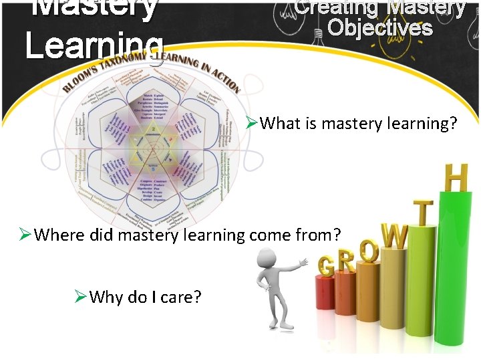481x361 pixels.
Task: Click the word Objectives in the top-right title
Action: pyautogui.click(x=380, y=29)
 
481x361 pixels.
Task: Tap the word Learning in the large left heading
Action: pyautogui.click(x=94, y=45)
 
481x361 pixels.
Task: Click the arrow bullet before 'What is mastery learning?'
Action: pyautogui.click(x=251, y=123)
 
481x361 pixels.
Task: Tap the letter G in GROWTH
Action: pyautogui.click(x=327, y=267)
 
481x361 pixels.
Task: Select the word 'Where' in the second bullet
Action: pyautogui.click(x=57, y=235)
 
